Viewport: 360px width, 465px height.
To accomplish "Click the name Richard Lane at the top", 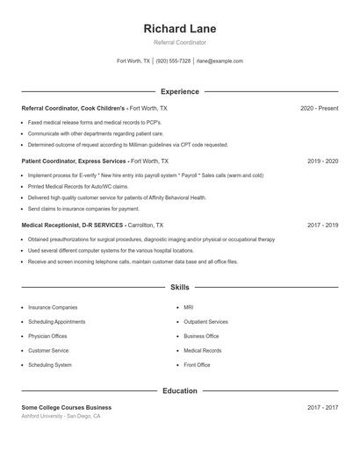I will pos(179,28).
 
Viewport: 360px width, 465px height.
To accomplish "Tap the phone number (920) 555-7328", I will pos(173,61).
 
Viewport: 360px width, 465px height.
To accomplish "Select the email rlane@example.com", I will pos(220,61).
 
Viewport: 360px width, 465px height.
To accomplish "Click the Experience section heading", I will pos(179,91).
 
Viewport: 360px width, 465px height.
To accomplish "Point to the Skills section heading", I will pos(179,288).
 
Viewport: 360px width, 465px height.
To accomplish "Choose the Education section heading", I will pos(179,390).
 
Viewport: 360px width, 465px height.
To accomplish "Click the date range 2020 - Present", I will pos(319,108).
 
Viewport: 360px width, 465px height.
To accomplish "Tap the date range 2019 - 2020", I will pos(322,161).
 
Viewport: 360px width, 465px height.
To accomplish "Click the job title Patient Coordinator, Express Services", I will pos(74,161).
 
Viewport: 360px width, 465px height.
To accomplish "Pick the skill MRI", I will pos(189,308).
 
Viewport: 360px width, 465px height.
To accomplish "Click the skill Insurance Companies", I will pos(53,308).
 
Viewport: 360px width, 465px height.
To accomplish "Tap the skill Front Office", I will pos(197,364).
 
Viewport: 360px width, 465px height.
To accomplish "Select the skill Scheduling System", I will pos(50,364).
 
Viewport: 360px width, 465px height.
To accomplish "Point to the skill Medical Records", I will pos(202,350).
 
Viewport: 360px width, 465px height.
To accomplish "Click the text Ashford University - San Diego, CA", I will pos(61,416).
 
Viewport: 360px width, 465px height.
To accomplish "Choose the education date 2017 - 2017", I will pos(322,407).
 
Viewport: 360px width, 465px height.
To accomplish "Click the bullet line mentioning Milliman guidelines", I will pos(128,145).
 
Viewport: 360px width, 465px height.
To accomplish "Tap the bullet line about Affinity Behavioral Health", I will pos(117,198).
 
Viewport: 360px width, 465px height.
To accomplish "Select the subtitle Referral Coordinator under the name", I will pos(179,42).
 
